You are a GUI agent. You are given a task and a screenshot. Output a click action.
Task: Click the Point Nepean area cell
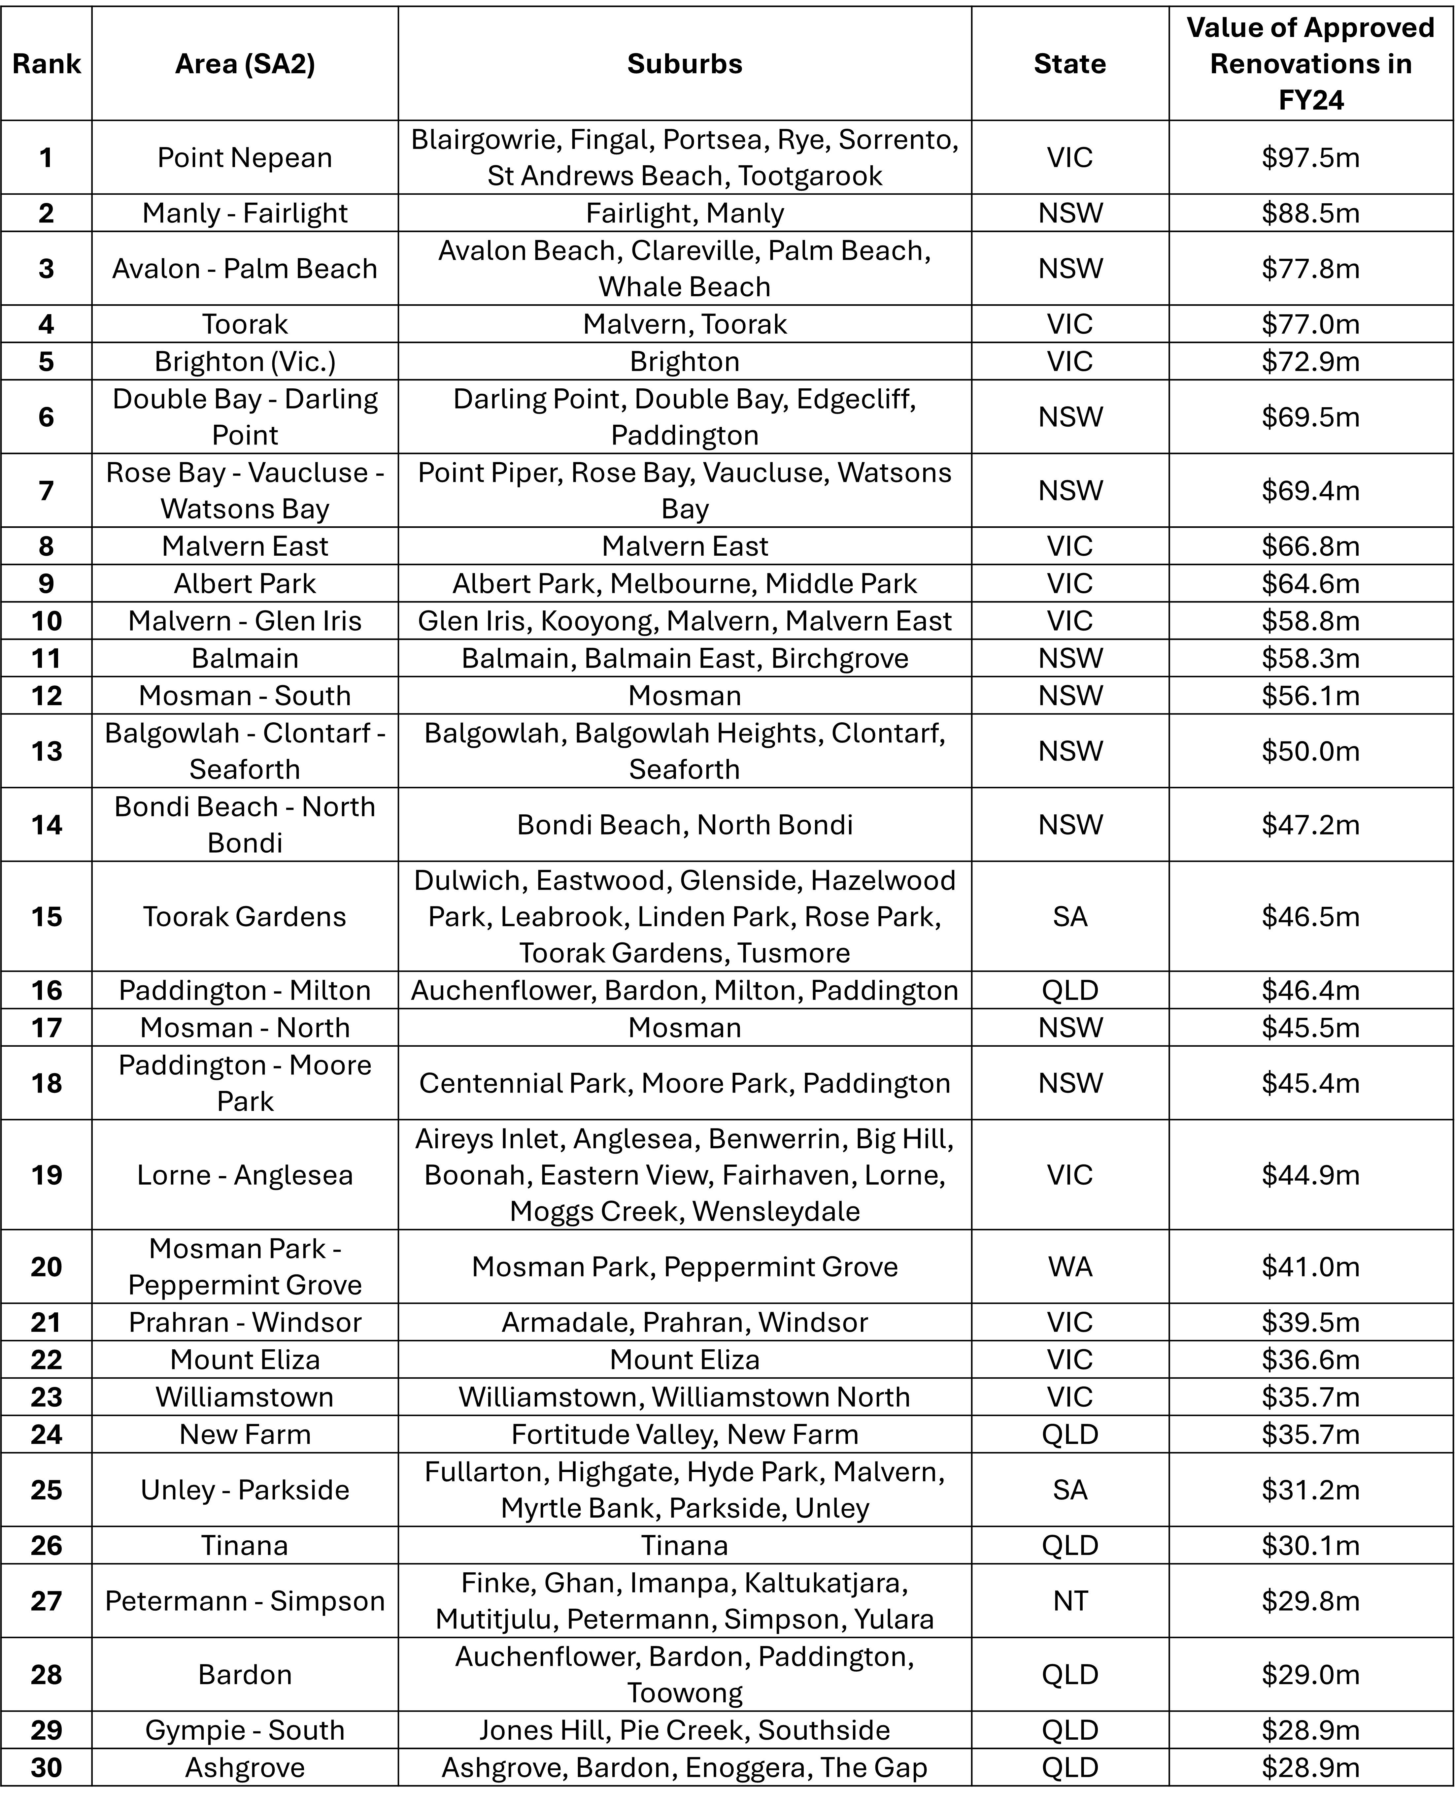click(245, 157)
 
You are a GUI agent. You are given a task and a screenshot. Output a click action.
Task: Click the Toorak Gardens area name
click(245, 916)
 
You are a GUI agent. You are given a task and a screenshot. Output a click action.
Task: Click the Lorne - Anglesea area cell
click(245, 1175)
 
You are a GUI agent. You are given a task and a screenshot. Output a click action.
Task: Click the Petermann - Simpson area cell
click(245, 1600)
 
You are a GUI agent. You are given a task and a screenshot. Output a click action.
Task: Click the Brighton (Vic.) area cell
click(245, 361)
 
